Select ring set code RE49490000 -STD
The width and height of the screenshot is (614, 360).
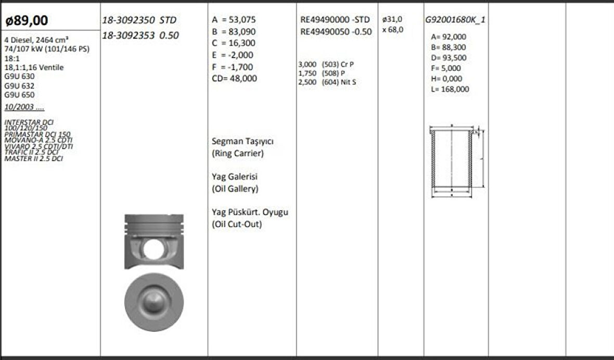335,19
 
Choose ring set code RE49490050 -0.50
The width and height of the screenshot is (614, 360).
336,31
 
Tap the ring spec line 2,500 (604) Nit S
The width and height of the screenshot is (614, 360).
327,82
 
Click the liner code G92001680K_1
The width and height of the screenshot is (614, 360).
455,20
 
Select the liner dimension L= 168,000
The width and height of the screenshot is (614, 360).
450,89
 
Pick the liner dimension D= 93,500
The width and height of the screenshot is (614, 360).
449,58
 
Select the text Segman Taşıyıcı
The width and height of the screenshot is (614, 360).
243,142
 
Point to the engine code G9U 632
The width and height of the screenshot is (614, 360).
20,86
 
